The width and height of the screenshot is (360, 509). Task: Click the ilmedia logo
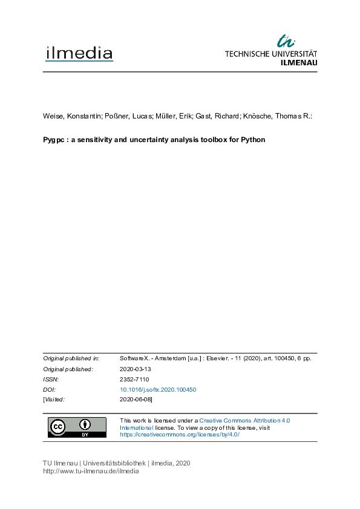(x=79, y=54)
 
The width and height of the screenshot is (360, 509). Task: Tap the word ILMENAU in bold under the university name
(x=299, y=62)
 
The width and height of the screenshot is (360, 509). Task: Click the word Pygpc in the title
(x=53, y=140)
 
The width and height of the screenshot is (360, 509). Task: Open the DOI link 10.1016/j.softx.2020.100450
(x=159, y=389)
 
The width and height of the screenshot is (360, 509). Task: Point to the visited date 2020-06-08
(x=136, y=400)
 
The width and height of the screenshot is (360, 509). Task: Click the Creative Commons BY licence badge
(x=77, y=427)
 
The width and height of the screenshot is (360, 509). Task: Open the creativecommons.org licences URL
(x=180, y=435)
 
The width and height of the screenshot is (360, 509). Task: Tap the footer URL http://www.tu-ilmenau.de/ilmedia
(x=91, y=472)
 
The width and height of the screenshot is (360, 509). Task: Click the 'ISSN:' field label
(x=51, y=379)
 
